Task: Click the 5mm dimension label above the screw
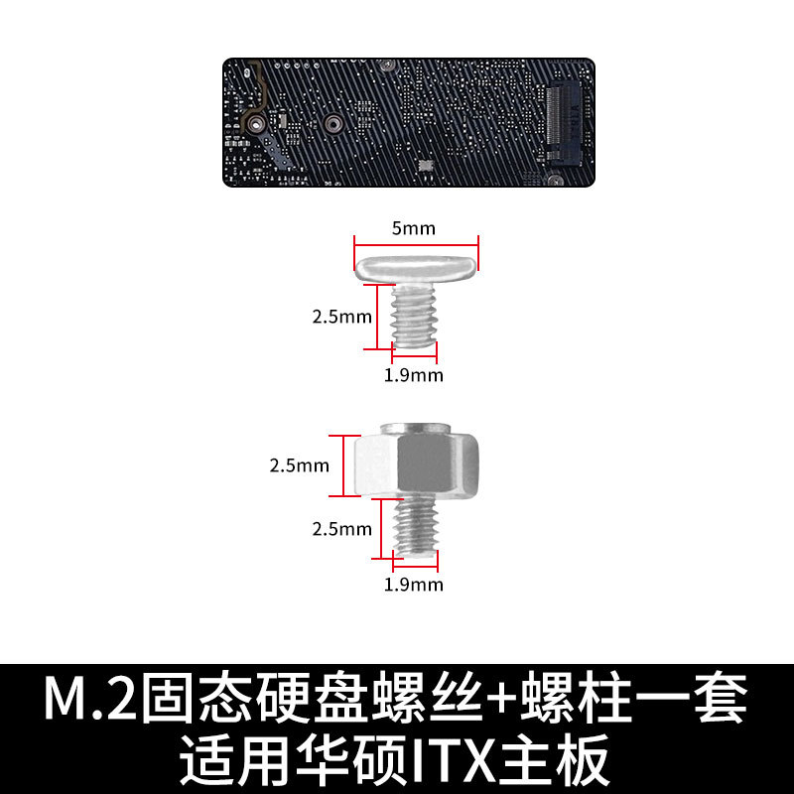413,228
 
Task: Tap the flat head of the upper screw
417,265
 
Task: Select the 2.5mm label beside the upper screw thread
341,318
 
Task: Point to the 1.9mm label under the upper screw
414,375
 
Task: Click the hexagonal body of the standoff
417,463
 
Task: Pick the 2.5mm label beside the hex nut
299,464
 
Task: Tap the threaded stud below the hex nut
415,527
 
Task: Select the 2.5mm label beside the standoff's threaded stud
341,529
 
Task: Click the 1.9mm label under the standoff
414,584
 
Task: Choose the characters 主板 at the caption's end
570,760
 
